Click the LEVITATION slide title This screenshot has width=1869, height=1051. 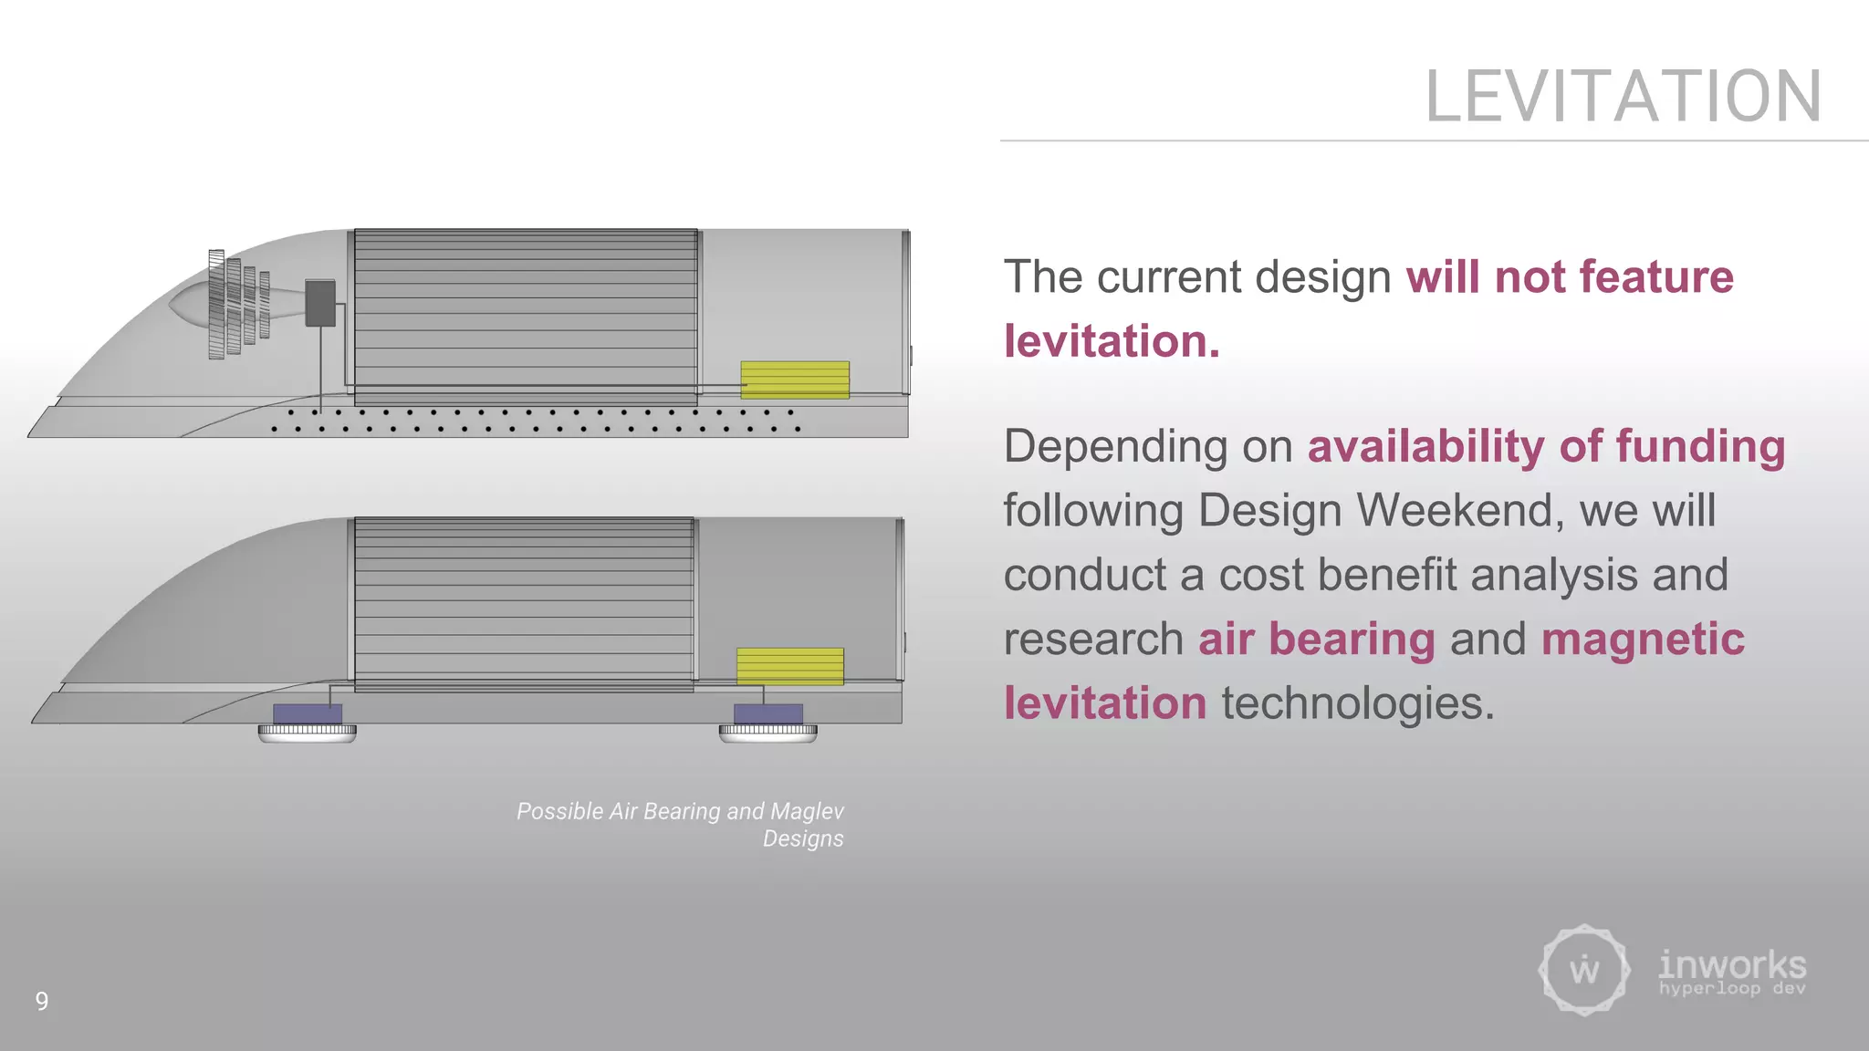point(1623,97)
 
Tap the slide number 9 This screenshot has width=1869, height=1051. point(42,1001)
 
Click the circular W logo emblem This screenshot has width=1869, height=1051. point(1584,970)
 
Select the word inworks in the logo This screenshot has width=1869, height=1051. point(1731,964)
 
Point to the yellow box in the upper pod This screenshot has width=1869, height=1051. point(794,380)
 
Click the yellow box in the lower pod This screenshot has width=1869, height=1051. point(789,666)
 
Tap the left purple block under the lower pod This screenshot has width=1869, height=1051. point(308,713)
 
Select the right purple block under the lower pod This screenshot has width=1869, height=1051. point(768,713)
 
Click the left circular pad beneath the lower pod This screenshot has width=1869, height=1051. point(307,733)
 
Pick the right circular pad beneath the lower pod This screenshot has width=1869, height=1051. point(767,733)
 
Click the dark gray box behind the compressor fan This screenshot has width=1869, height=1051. point(319,303)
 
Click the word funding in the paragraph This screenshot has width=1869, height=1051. point(1700,447)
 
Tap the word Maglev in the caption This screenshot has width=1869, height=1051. point(807,811)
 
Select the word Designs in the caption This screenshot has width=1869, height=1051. point(803,838)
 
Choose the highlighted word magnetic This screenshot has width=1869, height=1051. point(1643,639)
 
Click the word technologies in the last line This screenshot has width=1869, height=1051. point(1358,703)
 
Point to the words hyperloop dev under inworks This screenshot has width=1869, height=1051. point(1731,989)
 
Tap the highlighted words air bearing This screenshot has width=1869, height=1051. point(1316,639)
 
